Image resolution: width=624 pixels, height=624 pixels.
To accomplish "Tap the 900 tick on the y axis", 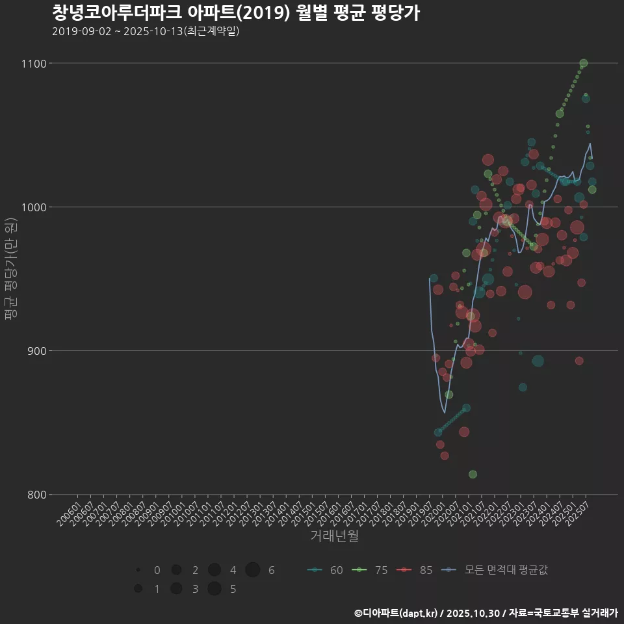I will coord(36,351).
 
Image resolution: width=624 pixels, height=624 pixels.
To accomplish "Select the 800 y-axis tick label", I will coord(36,495).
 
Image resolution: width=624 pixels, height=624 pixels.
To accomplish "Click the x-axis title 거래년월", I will coord(334,536).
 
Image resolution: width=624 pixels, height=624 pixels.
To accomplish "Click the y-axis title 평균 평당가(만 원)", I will coord(10,269).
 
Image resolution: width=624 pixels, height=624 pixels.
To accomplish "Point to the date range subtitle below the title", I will coord(146,31).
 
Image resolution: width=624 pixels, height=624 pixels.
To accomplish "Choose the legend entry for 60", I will coord(325,570).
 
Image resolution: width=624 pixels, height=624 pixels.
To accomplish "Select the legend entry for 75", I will coord(370,570).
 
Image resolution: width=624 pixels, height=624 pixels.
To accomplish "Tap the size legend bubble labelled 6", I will coord(253,570).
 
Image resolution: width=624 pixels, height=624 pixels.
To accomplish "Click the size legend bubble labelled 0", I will coord(138,570).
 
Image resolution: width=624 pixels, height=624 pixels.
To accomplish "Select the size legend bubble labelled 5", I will coord(214,589).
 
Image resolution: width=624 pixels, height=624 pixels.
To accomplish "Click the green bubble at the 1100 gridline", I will coord(584,63).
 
